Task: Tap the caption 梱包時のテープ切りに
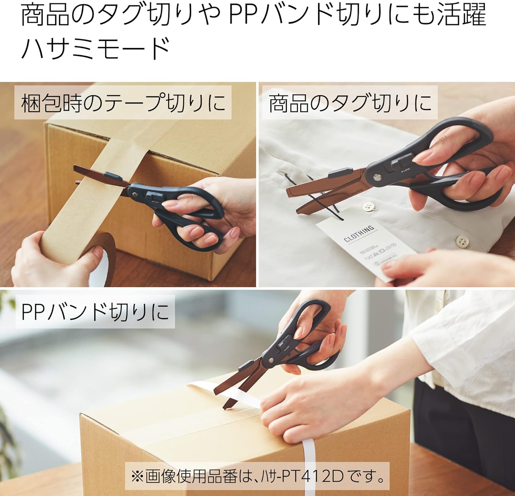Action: pyautogui.click(x=123, y=103)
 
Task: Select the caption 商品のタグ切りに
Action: pyautogui.click(x=350, y=103)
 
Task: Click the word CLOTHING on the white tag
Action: pyautogui.click(x=359, y=234)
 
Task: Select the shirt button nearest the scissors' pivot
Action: pyautogui.click(x=368, y=207)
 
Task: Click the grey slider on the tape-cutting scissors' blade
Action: pyautogui.click(x=113, y=176)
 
